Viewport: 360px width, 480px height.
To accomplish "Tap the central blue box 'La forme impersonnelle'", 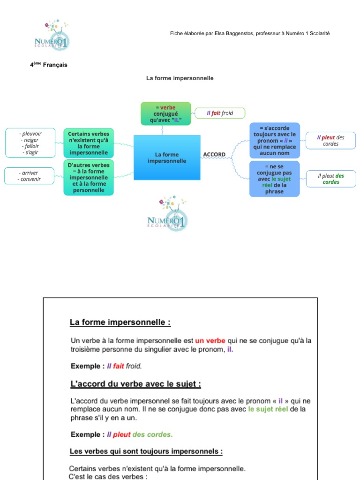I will (167, 157).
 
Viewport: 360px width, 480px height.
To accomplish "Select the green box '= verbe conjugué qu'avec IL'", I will (166, 113).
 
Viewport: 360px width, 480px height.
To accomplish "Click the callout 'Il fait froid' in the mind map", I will (220, 113).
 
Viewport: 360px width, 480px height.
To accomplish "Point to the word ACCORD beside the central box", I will (214, 154).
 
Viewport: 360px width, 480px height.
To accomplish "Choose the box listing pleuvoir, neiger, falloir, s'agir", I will (30, 143).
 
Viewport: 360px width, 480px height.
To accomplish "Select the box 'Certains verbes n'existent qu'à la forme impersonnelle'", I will (89, 143).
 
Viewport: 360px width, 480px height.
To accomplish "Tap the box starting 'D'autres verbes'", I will (89, 178).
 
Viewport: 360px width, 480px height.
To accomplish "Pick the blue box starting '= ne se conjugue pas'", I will (274, 179).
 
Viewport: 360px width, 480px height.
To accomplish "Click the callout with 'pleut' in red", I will (330, 141).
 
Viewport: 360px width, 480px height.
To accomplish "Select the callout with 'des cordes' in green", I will (330, 179).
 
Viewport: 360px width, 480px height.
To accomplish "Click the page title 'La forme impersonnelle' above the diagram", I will (180, 78).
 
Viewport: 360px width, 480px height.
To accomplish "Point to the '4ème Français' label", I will (49, 65).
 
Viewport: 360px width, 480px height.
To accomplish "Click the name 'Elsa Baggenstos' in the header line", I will (233, 34).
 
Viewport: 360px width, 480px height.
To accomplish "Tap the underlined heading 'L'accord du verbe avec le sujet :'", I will (135, 384).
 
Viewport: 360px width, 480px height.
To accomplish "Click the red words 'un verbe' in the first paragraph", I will (210, 340).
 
